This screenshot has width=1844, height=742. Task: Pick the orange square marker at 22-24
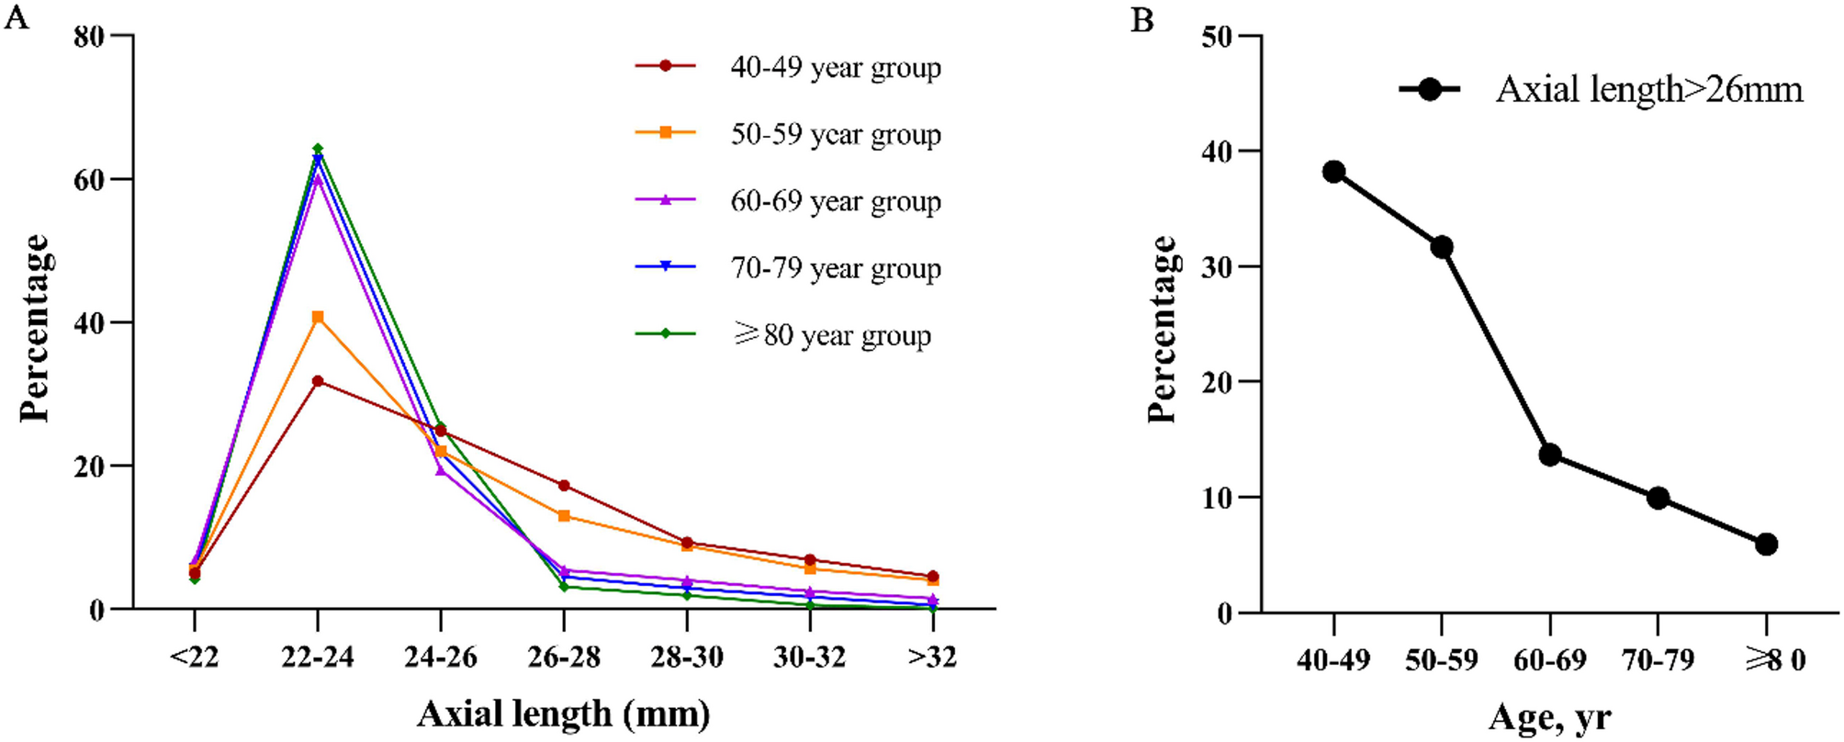(318, 317)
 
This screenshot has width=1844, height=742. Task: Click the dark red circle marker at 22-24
(318, 381)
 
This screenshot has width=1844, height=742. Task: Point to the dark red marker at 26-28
(564, 485)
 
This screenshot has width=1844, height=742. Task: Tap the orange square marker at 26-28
(564, 516)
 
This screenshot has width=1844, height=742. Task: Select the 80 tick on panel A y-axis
(90, 36)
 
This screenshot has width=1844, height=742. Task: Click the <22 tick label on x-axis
(194, 658)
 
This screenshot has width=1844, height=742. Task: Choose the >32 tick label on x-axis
(932, 658)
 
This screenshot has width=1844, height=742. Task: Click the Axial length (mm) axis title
(564, 714)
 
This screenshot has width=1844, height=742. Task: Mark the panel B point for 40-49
(1334, 172)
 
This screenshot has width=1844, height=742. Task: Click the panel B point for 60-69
(1550, 455)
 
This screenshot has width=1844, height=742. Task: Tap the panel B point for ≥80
(1766, 545)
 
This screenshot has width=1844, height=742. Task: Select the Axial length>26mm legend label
(1649, 90)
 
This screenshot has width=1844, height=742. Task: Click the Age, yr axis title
(1549, 717)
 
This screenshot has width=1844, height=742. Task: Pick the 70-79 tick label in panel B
(1658, 660)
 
